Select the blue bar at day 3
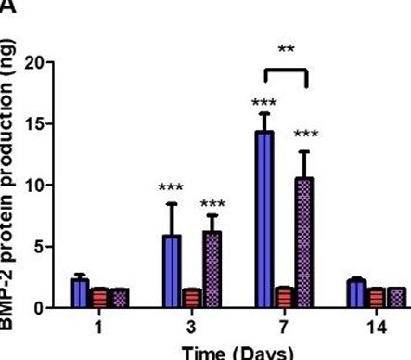coord(172,272)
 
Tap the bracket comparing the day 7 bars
coord(285,70)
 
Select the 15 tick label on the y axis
coord(33,124)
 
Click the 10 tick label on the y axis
coord(33,186)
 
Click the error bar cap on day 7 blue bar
coord(264,114)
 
